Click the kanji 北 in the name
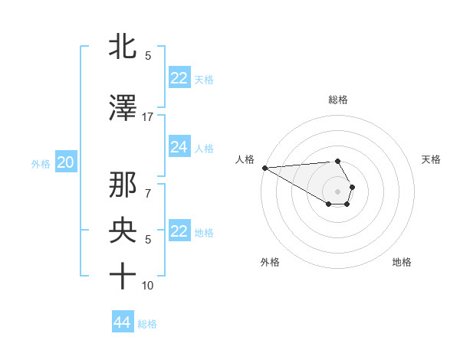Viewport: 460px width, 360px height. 123,46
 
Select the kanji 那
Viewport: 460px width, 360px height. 123,185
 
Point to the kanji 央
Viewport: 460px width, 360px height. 123,231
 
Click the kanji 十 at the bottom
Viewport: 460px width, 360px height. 123,276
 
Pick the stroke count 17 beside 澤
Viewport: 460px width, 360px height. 148,117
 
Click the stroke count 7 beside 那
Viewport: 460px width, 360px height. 148,194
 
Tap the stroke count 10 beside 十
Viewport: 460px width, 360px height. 148,286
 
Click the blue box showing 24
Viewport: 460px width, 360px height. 179,147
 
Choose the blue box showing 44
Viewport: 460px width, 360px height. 123,323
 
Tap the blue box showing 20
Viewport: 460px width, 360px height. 66,162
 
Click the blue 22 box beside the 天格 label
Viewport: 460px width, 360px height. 179,78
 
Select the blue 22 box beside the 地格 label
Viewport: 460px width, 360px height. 179,231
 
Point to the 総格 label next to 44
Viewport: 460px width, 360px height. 147,324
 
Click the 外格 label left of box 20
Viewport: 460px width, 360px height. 41,163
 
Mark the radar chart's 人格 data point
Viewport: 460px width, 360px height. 264,168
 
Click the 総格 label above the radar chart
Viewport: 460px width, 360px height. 338,100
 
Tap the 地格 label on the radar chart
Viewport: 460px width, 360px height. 402,262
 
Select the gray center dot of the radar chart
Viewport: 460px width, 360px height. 338,191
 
